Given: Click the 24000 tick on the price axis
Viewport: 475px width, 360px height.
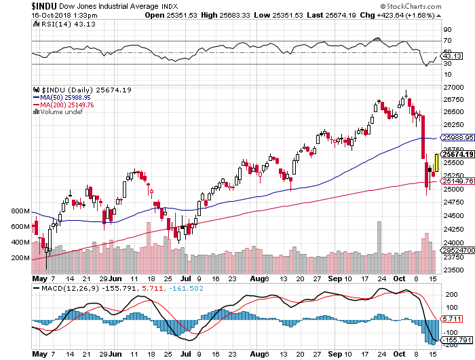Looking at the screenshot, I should (452, 242).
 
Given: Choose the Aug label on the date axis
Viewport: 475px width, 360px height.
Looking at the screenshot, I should (256, 278).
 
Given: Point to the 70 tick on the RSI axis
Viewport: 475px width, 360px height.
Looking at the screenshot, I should (448, 41).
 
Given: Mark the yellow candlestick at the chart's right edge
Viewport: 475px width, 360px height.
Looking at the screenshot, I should (437, 163).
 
